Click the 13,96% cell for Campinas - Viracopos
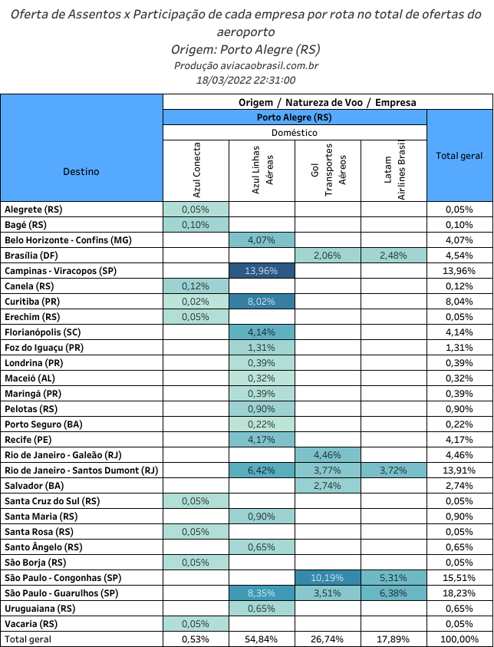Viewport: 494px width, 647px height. (x=262, y=271)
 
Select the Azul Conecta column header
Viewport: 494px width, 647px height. (x=196, y=170)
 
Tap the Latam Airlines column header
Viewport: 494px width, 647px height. (x=394, y=170)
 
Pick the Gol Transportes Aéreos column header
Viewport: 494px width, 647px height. (x=328, y=170)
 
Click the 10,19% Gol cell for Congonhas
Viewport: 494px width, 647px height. (x=328, y=578)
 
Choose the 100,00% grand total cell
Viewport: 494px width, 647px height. (x=459, y=639)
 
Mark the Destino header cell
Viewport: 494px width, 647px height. (x=81, y=171)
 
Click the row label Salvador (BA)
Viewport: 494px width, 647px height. (x=35, y=486)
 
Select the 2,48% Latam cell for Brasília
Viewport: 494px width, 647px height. (x=394, y=256)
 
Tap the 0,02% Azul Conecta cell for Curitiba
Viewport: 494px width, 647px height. (x=196, y=302)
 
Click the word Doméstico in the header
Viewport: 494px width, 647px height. (x=295, y=133)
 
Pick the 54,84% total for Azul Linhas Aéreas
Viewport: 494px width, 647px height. (x=262, y=639)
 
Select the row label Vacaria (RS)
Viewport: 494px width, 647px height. (x=31, y=624)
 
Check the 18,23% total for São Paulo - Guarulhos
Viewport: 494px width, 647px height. (x=459, y=593)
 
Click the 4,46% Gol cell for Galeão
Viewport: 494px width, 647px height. (x=328, y=455)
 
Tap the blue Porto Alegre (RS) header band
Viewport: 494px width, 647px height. (x=295, y=117)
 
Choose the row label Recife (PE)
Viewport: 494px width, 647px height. (x=28, y=440)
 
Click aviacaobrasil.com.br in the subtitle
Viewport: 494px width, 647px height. (x=269, y=65)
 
